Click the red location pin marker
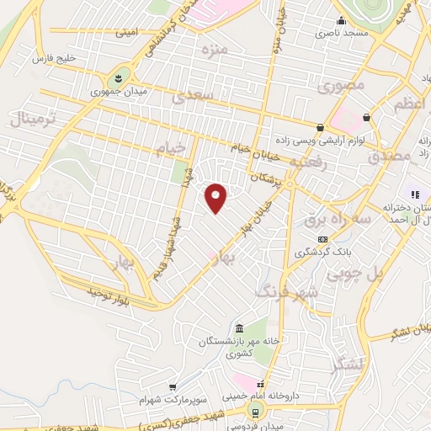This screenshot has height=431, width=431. tap(216, 197)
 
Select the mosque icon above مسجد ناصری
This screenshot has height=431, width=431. tap(341, 20)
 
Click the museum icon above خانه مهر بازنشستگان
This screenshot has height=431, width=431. tap(239, 327)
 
